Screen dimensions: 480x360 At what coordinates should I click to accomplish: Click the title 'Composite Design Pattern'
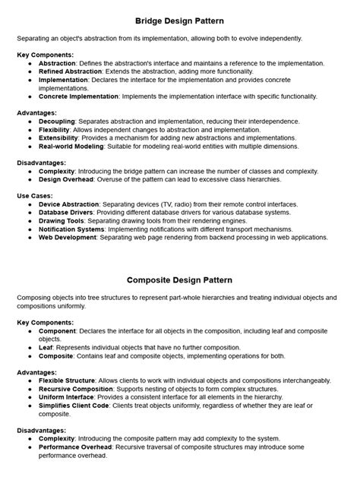coord(179,279)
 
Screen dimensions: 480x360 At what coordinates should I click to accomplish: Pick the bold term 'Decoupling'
coord(55,121)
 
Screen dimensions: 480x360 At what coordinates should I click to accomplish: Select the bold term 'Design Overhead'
coord(66,179)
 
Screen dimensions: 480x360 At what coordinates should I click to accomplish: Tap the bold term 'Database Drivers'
coord(65,213)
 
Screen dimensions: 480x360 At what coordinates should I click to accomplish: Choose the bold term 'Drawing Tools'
coord(60,221)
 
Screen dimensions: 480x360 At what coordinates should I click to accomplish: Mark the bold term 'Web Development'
coord(66,237)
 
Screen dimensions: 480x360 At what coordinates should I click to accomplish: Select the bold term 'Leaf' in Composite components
coord(45,346)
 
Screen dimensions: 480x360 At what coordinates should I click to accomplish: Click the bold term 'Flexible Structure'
coord(67,380)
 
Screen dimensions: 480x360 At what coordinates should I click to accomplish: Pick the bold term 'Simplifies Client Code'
coord(77,405)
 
